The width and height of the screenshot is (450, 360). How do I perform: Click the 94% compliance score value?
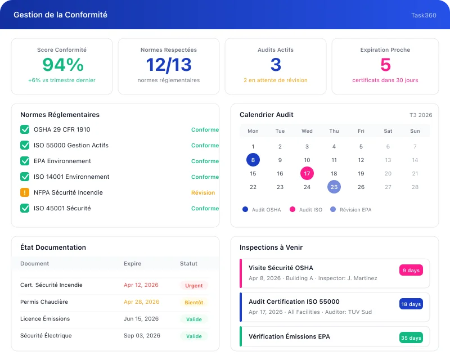(x=62, y=65)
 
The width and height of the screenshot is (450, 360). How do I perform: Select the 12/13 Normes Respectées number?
(x=169, y=65)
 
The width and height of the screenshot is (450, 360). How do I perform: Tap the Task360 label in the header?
(x=424, y=15)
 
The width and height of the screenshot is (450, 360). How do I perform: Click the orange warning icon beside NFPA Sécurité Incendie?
(x=25, y=192)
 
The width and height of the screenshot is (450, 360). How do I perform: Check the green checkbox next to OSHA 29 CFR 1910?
(x=25, y=129)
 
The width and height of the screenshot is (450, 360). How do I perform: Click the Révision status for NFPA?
(x=203, y=192)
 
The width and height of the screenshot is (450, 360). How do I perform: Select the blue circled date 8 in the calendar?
(x=253, y=160)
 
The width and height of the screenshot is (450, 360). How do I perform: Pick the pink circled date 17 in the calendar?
(x=307, y=173)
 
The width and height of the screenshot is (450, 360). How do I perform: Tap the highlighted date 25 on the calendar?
(x=334, y=187)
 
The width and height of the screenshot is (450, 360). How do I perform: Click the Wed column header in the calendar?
(x=307, y=131)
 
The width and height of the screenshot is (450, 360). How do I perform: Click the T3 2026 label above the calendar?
(x=421, y=115)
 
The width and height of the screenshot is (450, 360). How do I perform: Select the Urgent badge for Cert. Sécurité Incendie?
(x=194, y=285)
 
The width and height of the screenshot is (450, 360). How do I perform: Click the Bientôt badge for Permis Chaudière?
(x=194, y=302)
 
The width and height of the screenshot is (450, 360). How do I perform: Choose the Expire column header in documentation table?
(x=132, y=263)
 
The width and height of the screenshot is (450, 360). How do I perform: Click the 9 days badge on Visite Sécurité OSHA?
(x=411, y=271)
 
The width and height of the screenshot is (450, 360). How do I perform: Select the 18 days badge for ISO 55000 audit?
(x=411, y=304)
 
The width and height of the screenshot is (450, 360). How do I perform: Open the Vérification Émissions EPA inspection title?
(x=289, y=336)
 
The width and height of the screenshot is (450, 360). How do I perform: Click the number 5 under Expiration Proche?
(x=385, y=65)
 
